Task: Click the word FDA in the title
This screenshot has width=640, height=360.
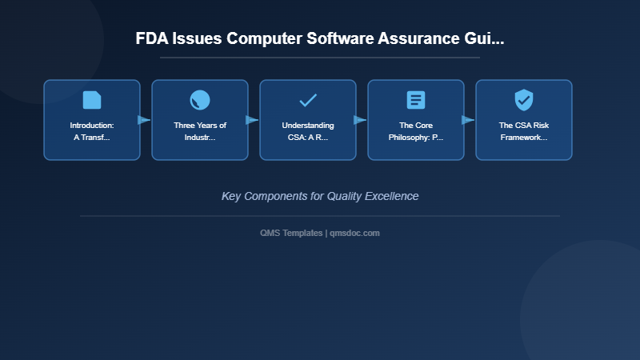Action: click(x=153, y=38)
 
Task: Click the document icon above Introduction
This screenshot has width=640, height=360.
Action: click(x=92, y=100)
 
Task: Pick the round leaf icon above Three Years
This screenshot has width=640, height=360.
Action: click(x=200, y=100)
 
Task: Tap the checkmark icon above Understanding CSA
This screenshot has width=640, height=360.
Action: click(x=308, y=100)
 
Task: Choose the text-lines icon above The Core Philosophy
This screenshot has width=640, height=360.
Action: click(x=416, y=100)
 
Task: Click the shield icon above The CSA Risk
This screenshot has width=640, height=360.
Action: click(x=524, y=100)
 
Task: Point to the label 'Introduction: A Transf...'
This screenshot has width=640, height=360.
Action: click(x=92, y=131)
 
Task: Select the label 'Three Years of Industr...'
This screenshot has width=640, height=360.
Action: click(x=200, y=131)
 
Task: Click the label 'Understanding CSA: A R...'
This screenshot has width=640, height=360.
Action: click(x=308, y=131)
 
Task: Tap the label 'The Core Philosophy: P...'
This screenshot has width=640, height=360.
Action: click(x=416, y=131)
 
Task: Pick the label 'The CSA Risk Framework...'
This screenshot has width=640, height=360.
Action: click(x=524, y=131)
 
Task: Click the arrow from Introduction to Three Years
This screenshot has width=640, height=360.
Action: click(x=144, y=120)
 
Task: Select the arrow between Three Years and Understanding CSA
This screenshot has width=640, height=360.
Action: click(x=252, y=120)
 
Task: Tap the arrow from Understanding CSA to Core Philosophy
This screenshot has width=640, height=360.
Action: click(x=360, y=120)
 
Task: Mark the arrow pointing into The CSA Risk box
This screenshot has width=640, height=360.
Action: click(x=468, y=120)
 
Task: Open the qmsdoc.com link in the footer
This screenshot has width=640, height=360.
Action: click(x=355, y=233)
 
